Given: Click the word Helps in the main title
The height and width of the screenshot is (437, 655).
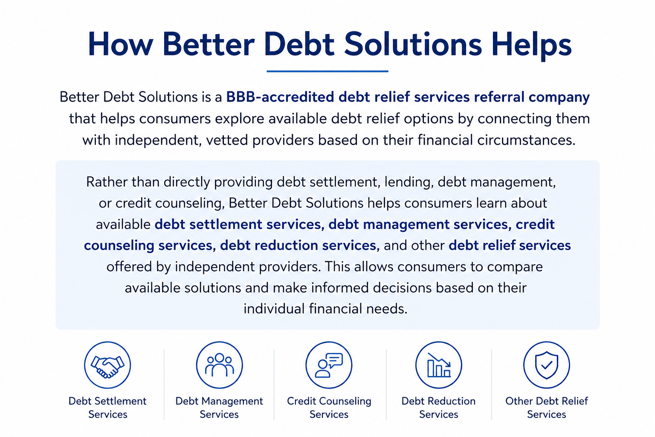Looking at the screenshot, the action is click(531, 44).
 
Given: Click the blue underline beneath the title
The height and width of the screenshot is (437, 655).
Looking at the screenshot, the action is click(327, 71).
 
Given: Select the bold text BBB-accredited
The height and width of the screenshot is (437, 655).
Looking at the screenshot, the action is click(280, 97).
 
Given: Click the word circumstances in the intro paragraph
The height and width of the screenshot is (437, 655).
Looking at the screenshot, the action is click(526, 140).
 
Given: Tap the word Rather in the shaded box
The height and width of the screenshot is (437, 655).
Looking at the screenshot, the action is click(107, 182).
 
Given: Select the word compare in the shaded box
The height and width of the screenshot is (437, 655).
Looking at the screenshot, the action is click(515, 267).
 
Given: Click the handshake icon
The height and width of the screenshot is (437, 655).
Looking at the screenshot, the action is click(107, 365).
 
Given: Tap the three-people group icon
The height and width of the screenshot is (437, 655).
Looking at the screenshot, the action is click(219, 365).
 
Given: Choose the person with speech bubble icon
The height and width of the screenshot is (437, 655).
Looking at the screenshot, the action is click(329, 365).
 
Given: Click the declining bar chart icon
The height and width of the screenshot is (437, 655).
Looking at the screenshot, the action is click(439, 365).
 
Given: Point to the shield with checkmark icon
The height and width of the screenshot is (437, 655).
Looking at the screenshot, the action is click(547, 365).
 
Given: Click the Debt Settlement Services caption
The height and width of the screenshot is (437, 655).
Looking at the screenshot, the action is click(107, 408).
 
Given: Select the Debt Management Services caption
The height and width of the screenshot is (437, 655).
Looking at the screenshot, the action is click(219, 408).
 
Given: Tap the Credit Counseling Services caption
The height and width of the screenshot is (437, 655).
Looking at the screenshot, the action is click(329, 408).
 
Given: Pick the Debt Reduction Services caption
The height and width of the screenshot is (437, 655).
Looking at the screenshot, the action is click(439, 408).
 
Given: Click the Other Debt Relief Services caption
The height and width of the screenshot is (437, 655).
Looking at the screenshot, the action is click(547, 408).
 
